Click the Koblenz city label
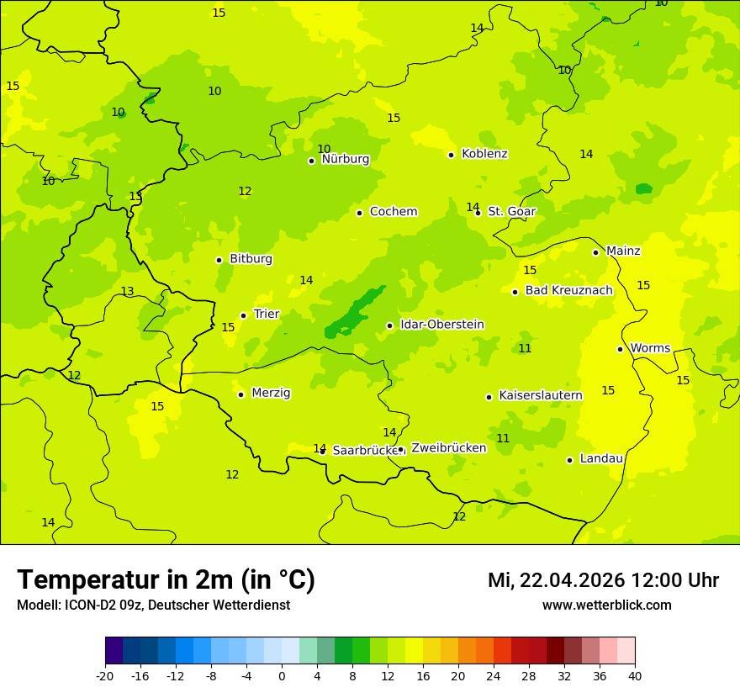pyautogui.click(x=484, y=154)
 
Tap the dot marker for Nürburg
pyautogui.click(x=311, y=161)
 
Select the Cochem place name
pyautogui.click(x=394, y=212)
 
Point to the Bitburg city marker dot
pyautogui.click(x=219, y=260)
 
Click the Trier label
pyautogui.click(x=267, y=315)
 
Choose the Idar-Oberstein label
pyautogui.click(x=441, y=325)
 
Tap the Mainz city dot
pyautogui.click(x=595, y=252)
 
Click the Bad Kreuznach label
pyautogui.click(x=568, y=291)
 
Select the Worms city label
pyautogui.click(x=650, y=348)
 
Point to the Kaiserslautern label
pyautogui.click(x=541, y=395)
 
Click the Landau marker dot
pyautogui.click(x=569, y=460)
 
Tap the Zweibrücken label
pyautogui.click(x=448, y=448)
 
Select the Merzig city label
pyautogui.click(x=271, y=394)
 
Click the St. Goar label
pyautogui.click(x=511, y=212)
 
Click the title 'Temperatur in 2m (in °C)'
pyautogui.click(x=166, y=580)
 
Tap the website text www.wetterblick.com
pyautogui.click(x=606, y=605)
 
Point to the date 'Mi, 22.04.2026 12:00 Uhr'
pyautogui.click(x=603, y=580)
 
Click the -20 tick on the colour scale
pyautogui.click(x=105, y=675)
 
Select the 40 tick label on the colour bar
pyautogui.click(x=634, y=675)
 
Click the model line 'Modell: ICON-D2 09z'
pyautogui.click(x=153, y=605)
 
